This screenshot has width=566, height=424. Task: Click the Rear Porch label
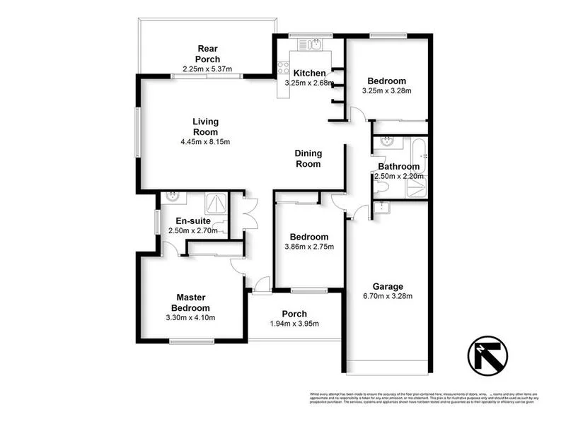209,54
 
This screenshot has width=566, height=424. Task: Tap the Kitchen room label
310,73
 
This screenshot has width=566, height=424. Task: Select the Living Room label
205,126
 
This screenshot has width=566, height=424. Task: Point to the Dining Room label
308,158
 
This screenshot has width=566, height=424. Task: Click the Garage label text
388,286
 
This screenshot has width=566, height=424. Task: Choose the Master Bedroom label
190,303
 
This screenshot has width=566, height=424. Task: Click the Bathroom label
398,167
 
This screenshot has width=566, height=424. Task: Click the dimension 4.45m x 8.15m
205,142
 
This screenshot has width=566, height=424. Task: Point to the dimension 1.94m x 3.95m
294,324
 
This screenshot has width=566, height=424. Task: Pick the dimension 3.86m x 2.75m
308,247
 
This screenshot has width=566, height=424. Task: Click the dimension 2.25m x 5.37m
207,69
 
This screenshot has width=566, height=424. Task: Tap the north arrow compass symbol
488,355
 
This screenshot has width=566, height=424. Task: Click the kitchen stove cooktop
283,69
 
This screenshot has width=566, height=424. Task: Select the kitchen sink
311,46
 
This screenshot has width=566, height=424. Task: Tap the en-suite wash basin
170,198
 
